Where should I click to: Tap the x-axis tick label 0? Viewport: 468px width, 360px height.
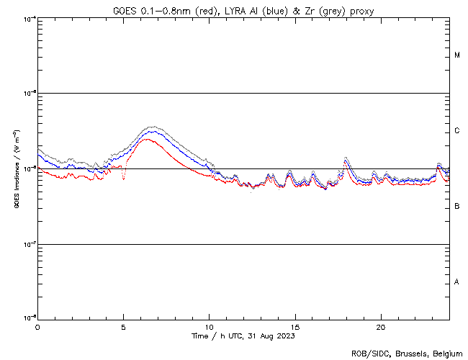[37, 326]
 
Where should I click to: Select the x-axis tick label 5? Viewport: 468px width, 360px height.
[123, 326]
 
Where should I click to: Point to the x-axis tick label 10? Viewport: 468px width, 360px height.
[209, 326]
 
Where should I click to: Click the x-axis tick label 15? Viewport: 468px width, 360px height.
[295, 326]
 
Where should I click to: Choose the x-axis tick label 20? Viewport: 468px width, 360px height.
[381, 326]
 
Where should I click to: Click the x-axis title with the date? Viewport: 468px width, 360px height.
[243, 336]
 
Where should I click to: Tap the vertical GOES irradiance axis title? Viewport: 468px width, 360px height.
[16, 169]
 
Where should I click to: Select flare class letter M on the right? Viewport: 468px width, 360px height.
[457, 55]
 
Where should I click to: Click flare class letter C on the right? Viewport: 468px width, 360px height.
[457, 131]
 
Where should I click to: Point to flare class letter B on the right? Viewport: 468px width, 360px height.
[457, 207]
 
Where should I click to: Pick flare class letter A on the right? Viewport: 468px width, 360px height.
[457, 282]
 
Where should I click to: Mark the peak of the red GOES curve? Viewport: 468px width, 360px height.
[147, 139]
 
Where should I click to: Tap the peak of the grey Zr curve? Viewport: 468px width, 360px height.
[150, 127]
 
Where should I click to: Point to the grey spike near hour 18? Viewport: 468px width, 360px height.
[346, 157]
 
